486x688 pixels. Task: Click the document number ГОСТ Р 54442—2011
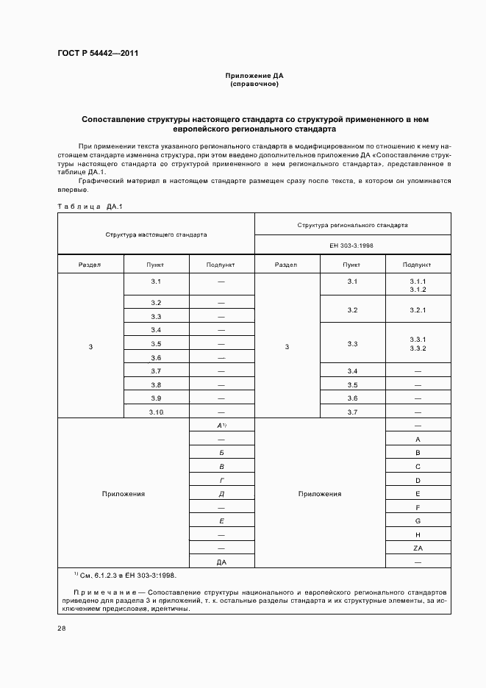coord(99,54)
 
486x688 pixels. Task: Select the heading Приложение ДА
coord(254,76)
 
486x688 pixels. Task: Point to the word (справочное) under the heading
coord(254,84)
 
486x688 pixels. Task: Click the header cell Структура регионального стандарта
coord(352,224)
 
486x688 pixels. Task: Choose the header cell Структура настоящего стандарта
coord(156,234)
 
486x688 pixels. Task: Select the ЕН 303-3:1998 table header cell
coord(352,246)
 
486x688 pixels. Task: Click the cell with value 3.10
coord(156,412)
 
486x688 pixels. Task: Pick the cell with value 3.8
coord(156,385)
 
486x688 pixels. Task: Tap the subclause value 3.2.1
coord(418,310)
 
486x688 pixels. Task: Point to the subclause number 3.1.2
coord(418,290)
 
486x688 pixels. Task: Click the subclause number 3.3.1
coord(418,339)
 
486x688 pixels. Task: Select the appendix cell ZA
coord(418,548)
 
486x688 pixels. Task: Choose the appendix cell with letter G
coord(418,520)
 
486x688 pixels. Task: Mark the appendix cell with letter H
coord(418,534)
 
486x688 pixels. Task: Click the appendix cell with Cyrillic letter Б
coord(221,453)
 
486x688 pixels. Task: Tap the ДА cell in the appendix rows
coord(221,562)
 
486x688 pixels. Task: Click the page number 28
coord(62,628)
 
